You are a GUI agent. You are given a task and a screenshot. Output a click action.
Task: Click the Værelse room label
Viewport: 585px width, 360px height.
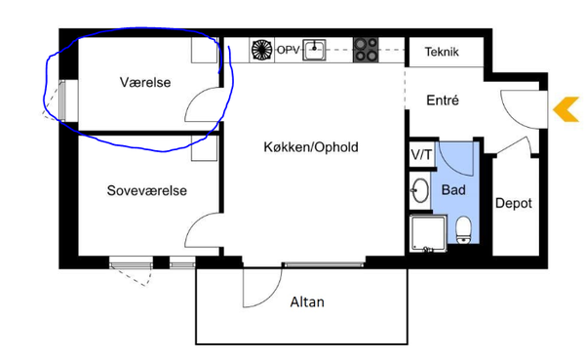pyautogui.click(x=145, y=82)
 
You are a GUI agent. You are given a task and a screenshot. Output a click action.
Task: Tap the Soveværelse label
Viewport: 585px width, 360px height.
pyautogui.click(x=146, y=190)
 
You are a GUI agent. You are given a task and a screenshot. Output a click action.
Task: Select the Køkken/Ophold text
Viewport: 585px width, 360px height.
pyautogui.click(x=311, y=147)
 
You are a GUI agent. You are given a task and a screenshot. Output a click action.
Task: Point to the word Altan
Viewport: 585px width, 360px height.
pyautogui.click(x=307, y=301)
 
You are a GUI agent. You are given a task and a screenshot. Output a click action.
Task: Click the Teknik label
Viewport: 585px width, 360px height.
pyautogui.click(x=442, y=52)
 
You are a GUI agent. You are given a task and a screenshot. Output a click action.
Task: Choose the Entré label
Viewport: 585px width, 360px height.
pyautogui.click(x=443, y=100)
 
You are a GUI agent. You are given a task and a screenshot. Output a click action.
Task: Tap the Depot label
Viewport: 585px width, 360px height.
pyautogui.click(x=514, y=203)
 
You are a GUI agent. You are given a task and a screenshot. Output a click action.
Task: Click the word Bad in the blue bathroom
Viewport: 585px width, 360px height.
pyautogui.click(x=453, y=189)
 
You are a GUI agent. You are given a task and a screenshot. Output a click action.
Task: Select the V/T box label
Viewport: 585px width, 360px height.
pyautogui.click(x=421, y=154)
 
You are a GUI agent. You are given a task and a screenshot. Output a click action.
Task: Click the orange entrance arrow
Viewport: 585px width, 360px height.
pyautogui.click(x=565, y=109)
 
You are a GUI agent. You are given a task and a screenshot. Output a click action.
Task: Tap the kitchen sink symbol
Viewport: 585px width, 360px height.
pyautogui.click(x=314, y=50)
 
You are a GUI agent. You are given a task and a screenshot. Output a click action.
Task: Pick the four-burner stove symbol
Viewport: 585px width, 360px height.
pyautogui.click(x=366, y=50)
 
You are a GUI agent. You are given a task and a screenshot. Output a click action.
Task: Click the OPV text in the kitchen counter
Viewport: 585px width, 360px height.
pyautogui.click(x=288, y=50)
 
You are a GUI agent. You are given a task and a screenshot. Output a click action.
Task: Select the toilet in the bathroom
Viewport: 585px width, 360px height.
pyautogui.click(x=463, y=229)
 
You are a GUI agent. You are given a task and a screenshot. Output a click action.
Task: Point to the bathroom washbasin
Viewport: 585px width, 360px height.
pyautogui.click(x=420, y=190)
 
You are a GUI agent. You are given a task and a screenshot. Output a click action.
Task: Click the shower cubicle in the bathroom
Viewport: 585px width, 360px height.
pyautogui.click(x=428, y=233)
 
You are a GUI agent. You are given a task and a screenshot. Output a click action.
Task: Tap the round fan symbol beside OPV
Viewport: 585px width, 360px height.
pyautogui.click(x=262, y=50)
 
